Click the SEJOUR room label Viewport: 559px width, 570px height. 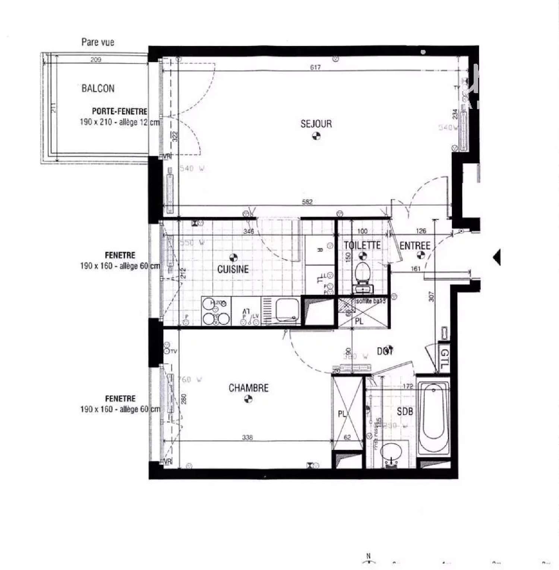[316, 124]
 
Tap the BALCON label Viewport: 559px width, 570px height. [98, 89]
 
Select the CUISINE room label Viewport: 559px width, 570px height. [233, 269]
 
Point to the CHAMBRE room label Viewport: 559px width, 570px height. [249, 388]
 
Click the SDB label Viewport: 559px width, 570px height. [405, 411]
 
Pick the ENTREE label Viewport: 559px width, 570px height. [415, 246]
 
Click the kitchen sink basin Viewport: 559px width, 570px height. [287, 309]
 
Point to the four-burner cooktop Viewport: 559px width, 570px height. [216, 311]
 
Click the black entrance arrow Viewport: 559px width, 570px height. [496, 257]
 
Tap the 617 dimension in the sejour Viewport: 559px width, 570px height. [315, 67]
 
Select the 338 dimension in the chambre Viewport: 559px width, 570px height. [247, 437]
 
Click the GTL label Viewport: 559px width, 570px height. [445, 359]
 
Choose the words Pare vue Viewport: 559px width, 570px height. [98, 42]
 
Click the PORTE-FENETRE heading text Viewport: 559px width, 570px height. [120, 111]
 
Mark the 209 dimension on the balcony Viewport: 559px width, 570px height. [96, 60]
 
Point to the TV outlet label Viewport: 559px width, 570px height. [173, 351]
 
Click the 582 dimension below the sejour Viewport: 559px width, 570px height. [307, 202]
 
